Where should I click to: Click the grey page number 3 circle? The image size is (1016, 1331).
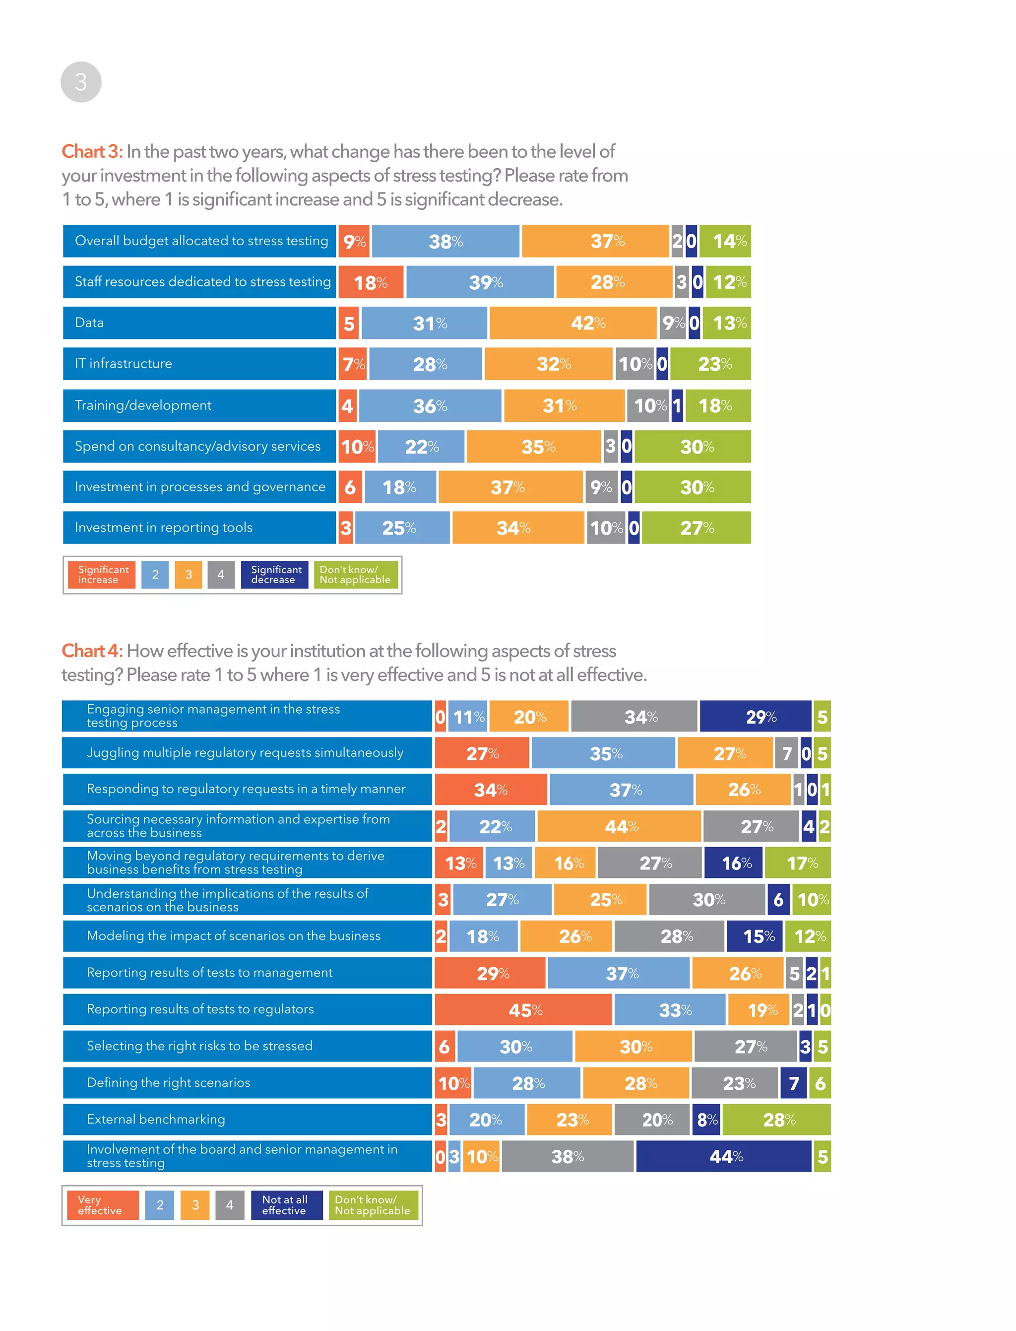[x=81, y=82]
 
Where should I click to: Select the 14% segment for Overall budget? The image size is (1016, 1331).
[x=725, y=241]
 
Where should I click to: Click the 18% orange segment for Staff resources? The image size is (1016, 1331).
[x=371, y=282]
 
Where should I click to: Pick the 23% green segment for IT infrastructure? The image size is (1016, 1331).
[x=710, y=364]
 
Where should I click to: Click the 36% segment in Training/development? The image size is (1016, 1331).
[x=430, y=405]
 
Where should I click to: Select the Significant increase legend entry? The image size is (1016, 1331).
[x=102, y=575]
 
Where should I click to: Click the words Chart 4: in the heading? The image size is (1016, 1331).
[x=92, y=651]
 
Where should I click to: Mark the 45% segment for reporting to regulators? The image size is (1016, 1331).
[x=524, y=1010]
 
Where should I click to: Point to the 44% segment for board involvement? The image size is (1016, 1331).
[x=724, y=1157]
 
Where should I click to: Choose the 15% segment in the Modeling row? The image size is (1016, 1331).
[x=754, y=936]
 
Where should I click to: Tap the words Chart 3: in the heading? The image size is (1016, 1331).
[x=92, y=152]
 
